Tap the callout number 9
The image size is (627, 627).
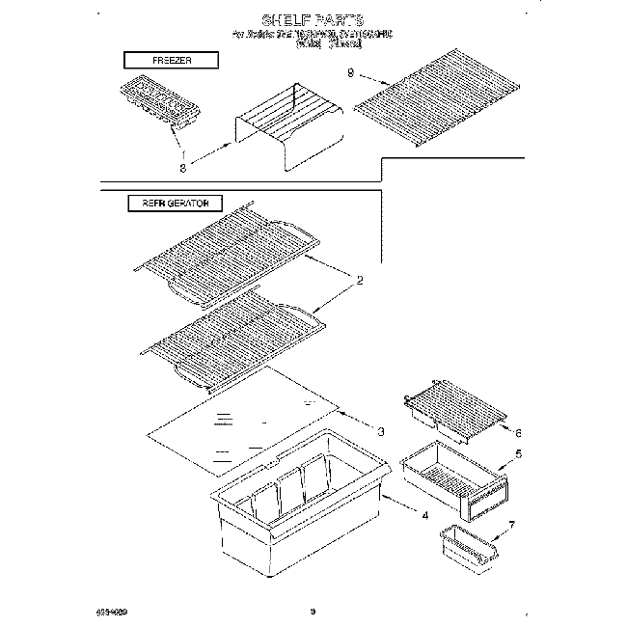(x=350, y=74)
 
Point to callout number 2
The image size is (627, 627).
(x=360, y=282)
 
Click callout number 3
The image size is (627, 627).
(x=381, y=431)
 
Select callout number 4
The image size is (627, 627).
(x=425, y=515)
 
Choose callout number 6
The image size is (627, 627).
(x=517, y=433)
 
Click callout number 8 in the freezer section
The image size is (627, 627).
(x=182, y=167)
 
